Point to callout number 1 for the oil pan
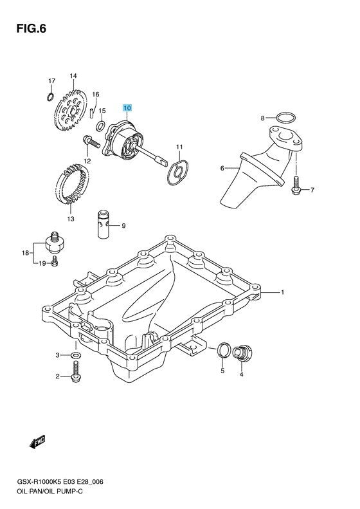point(282,292)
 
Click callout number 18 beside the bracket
point(25,253)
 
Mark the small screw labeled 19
point(55,261)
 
